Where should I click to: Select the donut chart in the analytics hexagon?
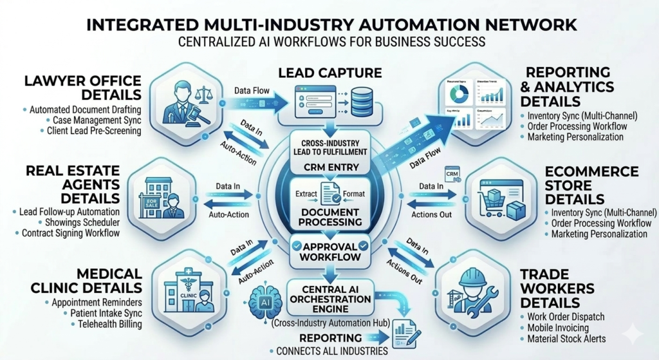click(458, 93)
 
